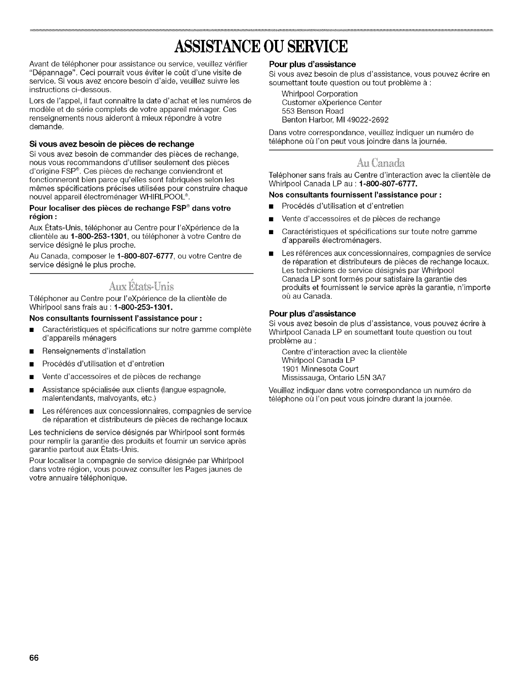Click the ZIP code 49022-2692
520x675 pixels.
click(364, 119)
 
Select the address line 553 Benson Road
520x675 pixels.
click(312, 111)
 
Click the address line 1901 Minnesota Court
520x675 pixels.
click(320, 369)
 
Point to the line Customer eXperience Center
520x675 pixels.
click(332, 102)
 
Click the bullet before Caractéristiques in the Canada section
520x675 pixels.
click(272, 232)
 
